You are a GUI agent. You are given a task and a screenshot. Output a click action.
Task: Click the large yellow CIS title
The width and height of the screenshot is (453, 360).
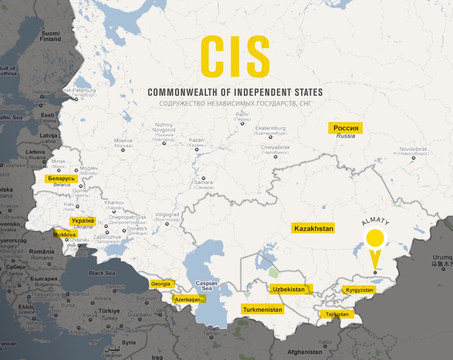point(235,57)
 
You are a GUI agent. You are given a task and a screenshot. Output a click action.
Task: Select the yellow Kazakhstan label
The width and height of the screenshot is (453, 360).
point(313,229)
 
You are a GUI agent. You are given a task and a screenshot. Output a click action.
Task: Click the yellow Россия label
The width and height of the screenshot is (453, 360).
point(345,128)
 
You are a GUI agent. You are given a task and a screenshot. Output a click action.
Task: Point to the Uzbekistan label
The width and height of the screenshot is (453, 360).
point(288,289)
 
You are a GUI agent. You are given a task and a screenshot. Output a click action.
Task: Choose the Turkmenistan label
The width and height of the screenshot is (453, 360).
point(262,310)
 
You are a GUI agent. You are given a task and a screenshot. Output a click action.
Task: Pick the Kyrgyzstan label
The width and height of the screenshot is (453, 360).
point(359,290)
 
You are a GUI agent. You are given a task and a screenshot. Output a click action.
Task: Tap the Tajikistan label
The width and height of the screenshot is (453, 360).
point(336,314)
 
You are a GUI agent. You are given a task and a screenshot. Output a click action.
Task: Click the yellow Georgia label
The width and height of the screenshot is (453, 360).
point(161,284)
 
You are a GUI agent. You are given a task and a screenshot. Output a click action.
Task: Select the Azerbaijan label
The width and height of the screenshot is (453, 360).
point(187,300)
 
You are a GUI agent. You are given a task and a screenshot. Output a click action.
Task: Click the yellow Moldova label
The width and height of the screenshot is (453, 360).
point(64,235)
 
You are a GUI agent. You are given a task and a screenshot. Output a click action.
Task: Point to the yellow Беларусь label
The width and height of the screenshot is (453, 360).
point(61,179)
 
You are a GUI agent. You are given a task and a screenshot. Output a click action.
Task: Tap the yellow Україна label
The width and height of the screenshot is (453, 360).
point(82,220)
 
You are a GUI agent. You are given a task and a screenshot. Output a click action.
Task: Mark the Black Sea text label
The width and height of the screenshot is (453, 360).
point(102,273)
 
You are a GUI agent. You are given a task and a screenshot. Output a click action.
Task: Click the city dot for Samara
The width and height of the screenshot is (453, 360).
point(204,178)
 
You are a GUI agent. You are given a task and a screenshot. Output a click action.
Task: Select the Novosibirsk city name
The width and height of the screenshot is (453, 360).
point(414,149)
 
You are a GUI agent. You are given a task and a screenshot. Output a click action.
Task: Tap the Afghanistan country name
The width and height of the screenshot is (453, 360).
point(305,352)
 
